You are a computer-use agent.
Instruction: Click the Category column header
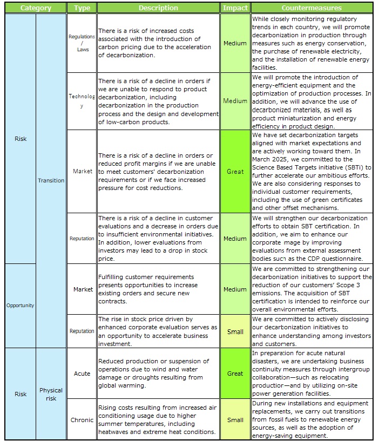click(36, 8)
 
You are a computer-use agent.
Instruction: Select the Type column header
click(82, 8)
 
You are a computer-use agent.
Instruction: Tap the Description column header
click(158, 8)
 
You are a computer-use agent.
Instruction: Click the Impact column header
click(235, 8)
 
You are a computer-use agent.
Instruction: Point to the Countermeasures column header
click(312, 8)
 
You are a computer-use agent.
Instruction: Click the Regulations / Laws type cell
click(82, 43)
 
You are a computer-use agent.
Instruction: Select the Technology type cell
click(82, 101)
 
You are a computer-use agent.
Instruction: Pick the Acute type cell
click(82, 374)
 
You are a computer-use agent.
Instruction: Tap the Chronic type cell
click(82, 420)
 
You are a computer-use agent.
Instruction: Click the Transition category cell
click(51, 181)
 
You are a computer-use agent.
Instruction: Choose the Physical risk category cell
click(51, 394)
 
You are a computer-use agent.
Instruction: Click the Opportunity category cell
click(20, 306)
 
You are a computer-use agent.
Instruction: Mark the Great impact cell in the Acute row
click(235, 374)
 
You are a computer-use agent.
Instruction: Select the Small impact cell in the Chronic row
click(235, 420)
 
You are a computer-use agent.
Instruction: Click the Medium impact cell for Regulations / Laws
click(235, 43)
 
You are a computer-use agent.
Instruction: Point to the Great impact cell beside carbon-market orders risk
click(235, 172)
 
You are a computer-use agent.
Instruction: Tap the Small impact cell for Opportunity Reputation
click(235, 331)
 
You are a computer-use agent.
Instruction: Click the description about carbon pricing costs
click(158, 43)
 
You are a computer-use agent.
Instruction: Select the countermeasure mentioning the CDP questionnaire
click(312, 239)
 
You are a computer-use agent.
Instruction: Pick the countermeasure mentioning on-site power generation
click(312, 374)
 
